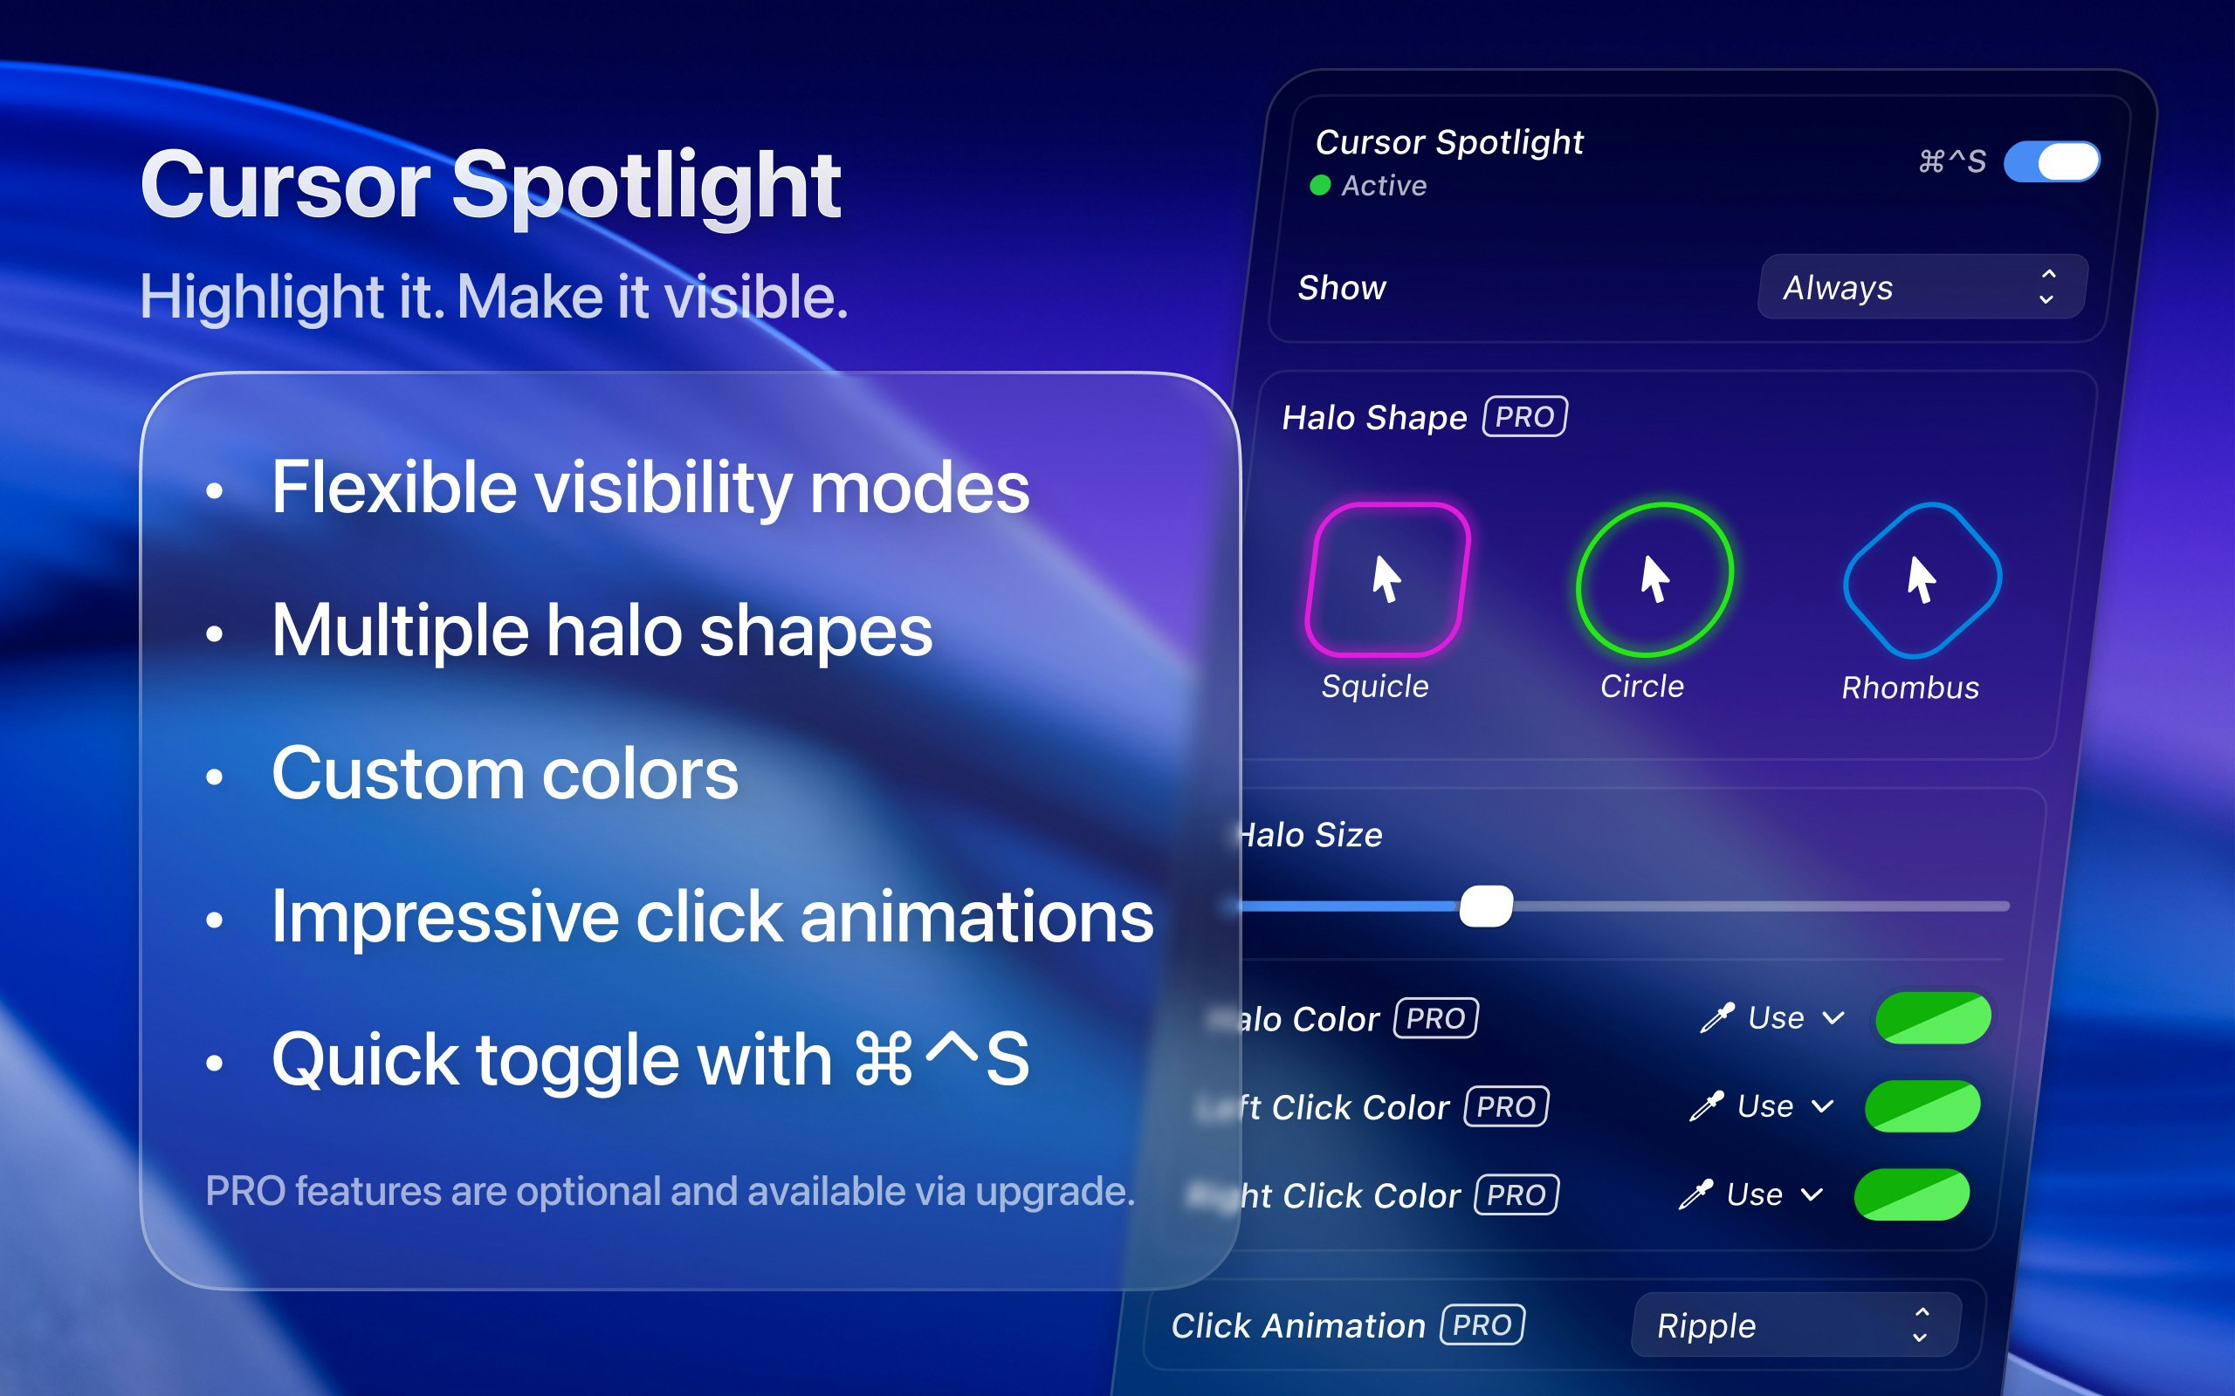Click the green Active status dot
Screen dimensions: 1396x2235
click(1320, 186)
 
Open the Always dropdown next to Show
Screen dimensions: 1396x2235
click(1921, 287)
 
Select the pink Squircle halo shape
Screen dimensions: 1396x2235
click(1386, 578)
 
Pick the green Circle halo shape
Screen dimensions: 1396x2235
click(1654, 578)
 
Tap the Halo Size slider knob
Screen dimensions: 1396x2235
click(1485, 906)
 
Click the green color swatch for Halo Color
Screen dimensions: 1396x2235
click(1932, 1017)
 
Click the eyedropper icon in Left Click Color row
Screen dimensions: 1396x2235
click(1706, 1106)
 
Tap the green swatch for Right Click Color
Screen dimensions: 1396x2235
click(1911, 1194)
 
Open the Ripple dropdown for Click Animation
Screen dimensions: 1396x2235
click(1794, 1325)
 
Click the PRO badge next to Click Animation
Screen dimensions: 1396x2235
click(1482, 1325)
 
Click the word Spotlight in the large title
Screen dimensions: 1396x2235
click(645, 188)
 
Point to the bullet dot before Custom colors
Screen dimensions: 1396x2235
click(214, 777)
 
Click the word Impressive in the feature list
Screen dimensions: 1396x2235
click(444, 918)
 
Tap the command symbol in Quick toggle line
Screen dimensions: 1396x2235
click(883, 1060)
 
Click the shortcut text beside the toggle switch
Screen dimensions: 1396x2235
click(1950, 161)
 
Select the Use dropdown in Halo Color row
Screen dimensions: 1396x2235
click(1793, 1017)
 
